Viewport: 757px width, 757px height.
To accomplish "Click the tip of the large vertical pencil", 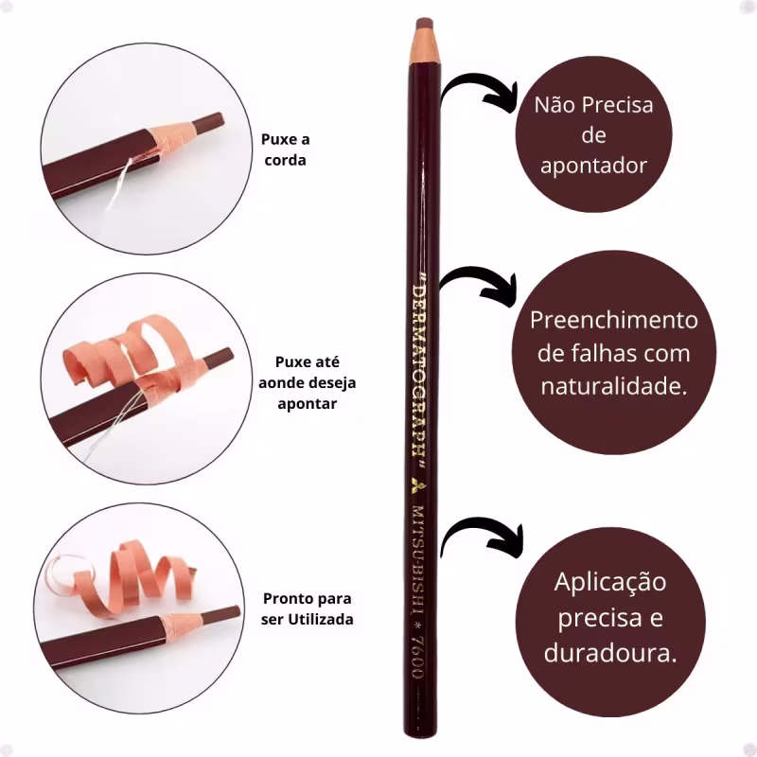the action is [x=424, y=22].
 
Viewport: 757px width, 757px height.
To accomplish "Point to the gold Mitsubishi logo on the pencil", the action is [x=416, y=485].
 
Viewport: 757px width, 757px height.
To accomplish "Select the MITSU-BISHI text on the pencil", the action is [x=418, y=559].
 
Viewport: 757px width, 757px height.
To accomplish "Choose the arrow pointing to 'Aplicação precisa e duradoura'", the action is [x=483, y=536].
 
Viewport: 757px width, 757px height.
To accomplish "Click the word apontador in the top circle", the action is [x=593, y=167].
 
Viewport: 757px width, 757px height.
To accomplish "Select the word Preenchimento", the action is [x=613, y=320].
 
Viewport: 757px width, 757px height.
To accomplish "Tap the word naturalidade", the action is [x=613, y=386].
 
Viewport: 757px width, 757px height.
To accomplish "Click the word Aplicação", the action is [x=610, y=583].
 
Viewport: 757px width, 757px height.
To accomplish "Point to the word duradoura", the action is [x=609, y=654].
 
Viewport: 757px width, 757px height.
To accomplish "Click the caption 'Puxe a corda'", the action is [x=286, y=150].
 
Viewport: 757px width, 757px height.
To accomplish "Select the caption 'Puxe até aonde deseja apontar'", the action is [x=307, y=383].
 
